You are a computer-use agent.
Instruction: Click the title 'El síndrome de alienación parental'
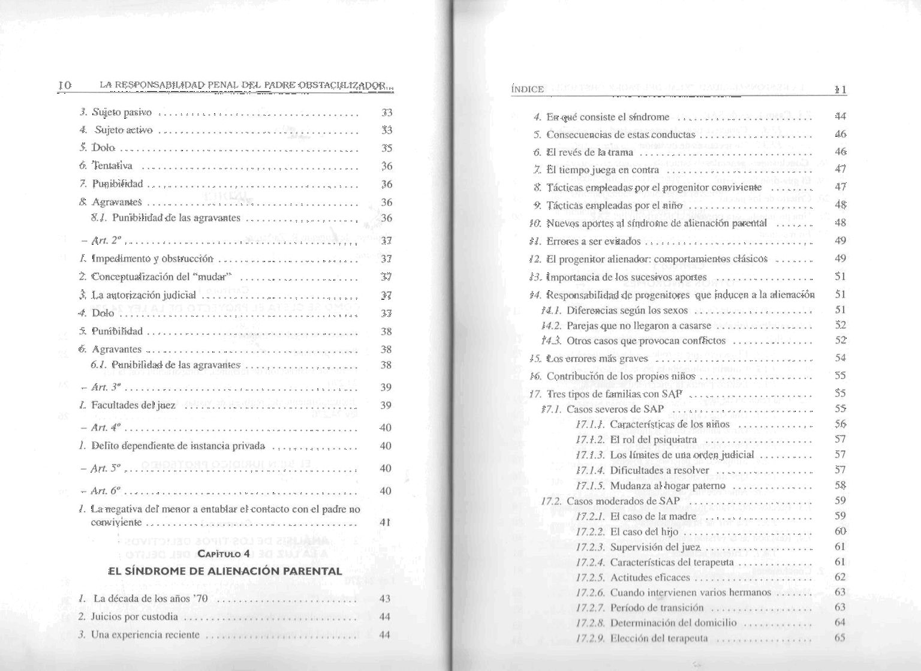225,571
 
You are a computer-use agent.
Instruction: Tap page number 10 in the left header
65,85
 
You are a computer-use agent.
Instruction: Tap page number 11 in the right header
841,89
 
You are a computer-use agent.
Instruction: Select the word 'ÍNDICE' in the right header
528,89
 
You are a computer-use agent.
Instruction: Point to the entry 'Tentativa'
113,166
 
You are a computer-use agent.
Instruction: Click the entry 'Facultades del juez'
133,405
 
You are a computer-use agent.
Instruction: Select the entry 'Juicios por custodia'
135,616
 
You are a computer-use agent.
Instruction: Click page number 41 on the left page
385,522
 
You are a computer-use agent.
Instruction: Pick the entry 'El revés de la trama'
590,152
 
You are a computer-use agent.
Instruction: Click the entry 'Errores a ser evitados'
594,242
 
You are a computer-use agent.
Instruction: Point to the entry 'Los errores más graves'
597,359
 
